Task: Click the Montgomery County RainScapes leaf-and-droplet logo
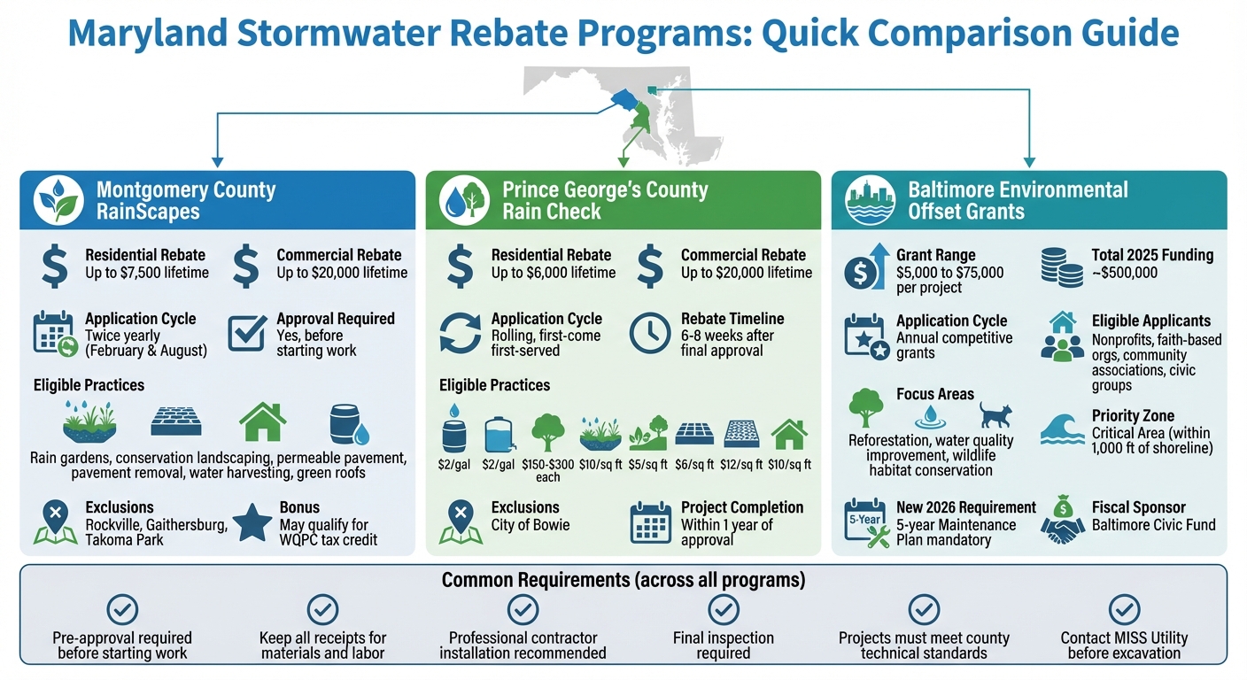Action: (x=58, y=201)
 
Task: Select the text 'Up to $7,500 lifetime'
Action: (x=147, y=273)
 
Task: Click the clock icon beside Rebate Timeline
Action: (x=650, y=334)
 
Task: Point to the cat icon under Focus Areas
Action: (x=995, y=414)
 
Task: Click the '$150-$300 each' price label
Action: (x=548, y=470)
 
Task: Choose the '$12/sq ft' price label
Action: (x=740, y=464)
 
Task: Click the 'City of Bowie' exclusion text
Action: (x=531, y=525)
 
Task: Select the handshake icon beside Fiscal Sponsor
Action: (x=1063, y=523)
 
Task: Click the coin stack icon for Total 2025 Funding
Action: (x=1063, y=265)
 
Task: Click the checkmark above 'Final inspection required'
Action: (x=723, y=609)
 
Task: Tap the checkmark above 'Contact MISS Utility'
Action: (x=1124, y=609)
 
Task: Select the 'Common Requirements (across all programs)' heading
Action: (x=623, y=581)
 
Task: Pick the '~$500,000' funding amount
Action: (x=1125, y=273)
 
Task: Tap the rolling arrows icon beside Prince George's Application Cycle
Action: (x=461, y=336)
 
